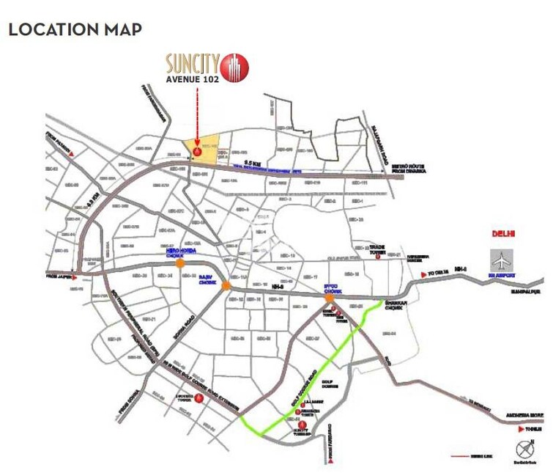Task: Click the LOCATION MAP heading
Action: (74, 30)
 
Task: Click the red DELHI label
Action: (504, 235)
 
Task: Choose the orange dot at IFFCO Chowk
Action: (330, 297)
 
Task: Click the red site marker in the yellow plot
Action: (196, 152)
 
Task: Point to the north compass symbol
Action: (523, 449)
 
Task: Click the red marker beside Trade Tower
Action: (377, 256)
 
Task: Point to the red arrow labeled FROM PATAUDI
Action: (70, 155)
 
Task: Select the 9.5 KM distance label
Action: (251, 161)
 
